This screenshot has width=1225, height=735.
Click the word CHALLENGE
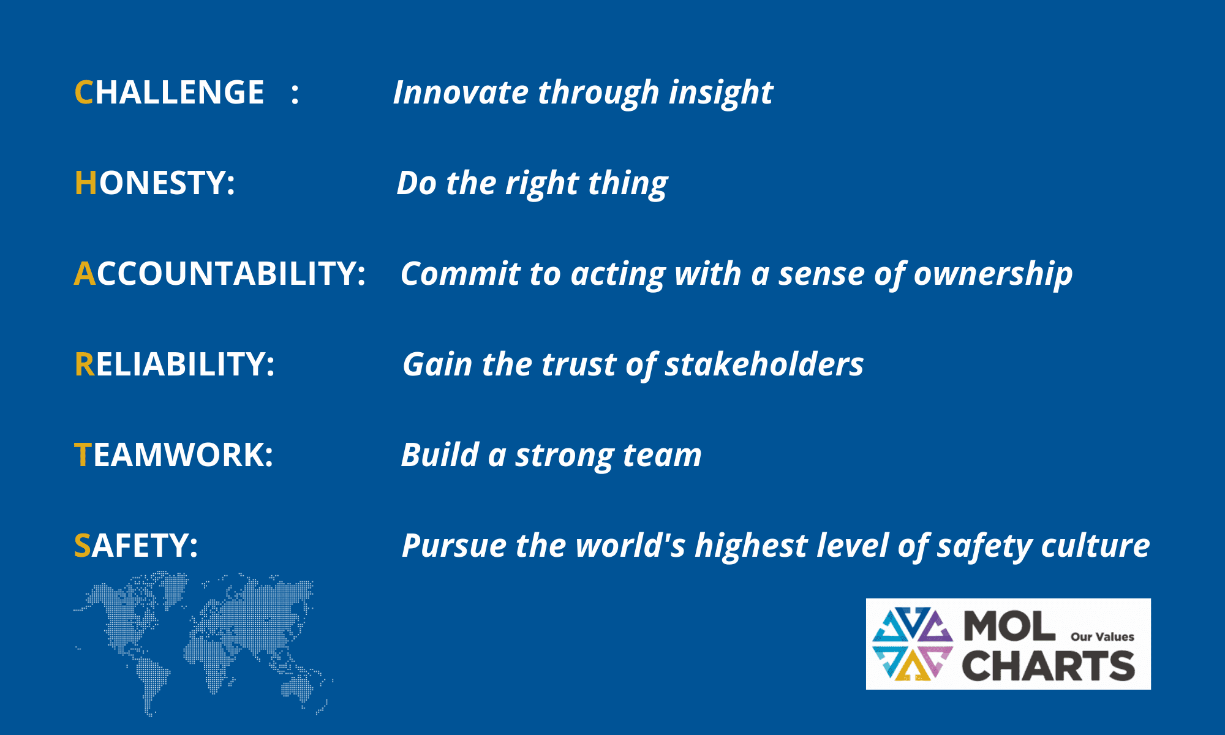pyautogui.click(x=169, y=92)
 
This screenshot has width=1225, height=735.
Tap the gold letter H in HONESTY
pyautogui.click(x=86, y=183)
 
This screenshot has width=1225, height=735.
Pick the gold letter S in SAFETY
pyautogui.click(x=83, y=546)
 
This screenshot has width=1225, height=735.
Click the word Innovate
pyautogui.click(x=461, y=92)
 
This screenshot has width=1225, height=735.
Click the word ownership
pyautogui.click(x=993, y=274)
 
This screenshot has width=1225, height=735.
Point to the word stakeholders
pyautogui.click(x=764, y=364)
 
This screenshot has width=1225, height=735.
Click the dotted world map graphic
pyautogui.click(x=203, y=643)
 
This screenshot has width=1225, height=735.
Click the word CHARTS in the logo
pyautogui.click(x=1049, y=666)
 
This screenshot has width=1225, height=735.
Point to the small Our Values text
pyautogui.click(x=1102, y=637)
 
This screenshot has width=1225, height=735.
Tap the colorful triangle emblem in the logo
pyautogui.click(x=913, y=644)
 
